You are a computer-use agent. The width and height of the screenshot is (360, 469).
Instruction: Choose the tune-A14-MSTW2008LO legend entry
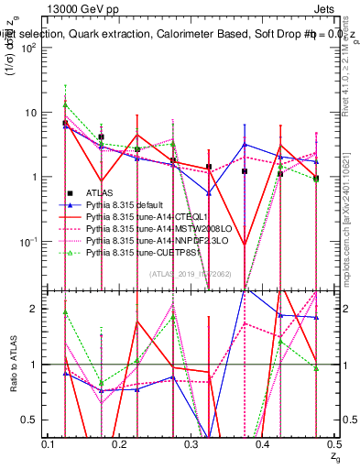(147, 227)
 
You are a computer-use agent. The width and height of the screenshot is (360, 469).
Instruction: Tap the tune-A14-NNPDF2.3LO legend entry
(147, 239)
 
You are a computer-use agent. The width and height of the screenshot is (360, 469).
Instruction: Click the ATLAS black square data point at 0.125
(65, 123)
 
